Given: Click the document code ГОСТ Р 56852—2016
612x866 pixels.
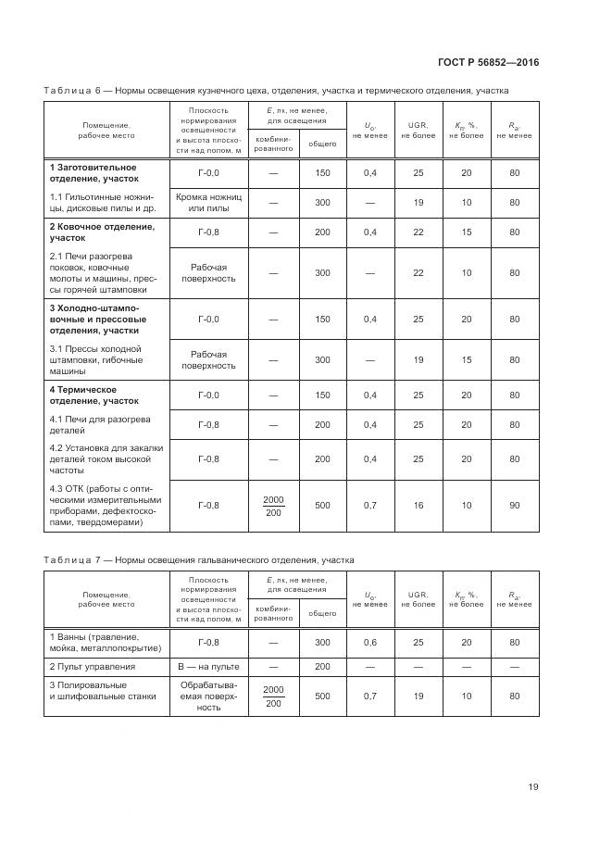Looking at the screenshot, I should pyautogui.click(x=488, y=63).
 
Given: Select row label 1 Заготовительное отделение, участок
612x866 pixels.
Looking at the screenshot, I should pyautogui.click(x=94, y=172).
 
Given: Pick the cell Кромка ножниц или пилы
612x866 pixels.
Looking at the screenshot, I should pyautogui.click(x=208, y=202).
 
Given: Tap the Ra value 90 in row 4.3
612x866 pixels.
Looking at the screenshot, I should pyautogui.click(x=514, y=505).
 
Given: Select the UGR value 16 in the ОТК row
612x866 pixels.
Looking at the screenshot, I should pyautogui.click(x=418, y=505).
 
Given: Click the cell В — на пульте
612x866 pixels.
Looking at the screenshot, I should pyautogui.click(x=208, y=666).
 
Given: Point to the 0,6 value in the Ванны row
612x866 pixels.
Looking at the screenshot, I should pyautogui.click(x=369, y=642).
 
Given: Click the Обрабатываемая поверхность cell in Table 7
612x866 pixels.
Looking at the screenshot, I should pyautogui.click(x=208, y=696).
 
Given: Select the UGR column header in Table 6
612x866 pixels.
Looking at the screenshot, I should pyautogui.click(x=418, y=130).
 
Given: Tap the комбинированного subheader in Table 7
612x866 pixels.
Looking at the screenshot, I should pyautogui.click(x=273, y=613).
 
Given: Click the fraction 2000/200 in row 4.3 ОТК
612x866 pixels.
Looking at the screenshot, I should pyautogui.click(x=273, y=506).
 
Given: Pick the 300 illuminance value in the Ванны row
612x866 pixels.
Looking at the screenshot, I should pyautogui.click(x=321, y=642).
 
